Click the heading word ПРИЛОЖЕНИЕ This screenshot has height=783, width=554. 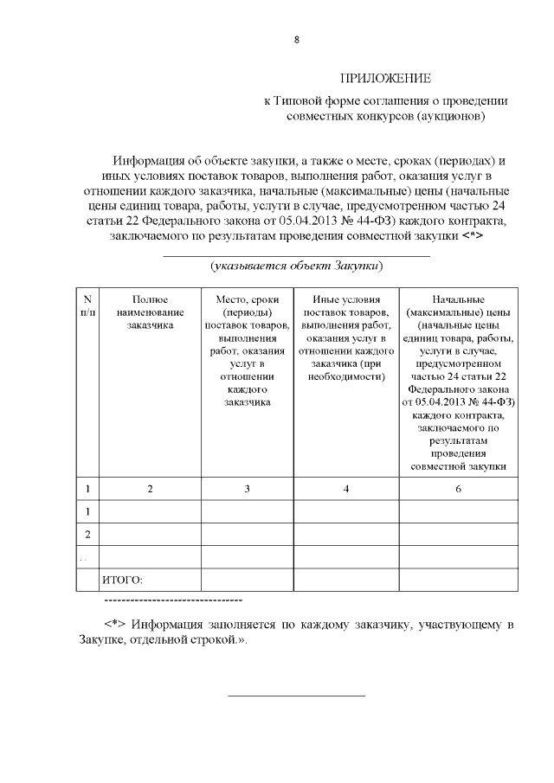tap(385, 79)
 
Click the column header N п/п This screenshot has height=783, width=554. tap(87, 305)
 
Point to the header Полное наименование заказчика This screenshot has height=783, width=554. tap(150, 311)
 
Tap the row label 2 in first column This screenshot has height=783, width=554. tap(87, 535)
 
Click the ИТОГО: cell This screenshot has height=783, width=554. tap(122, 579)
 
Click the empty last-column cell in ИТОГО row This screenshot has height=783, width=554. tap(459, 579)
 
